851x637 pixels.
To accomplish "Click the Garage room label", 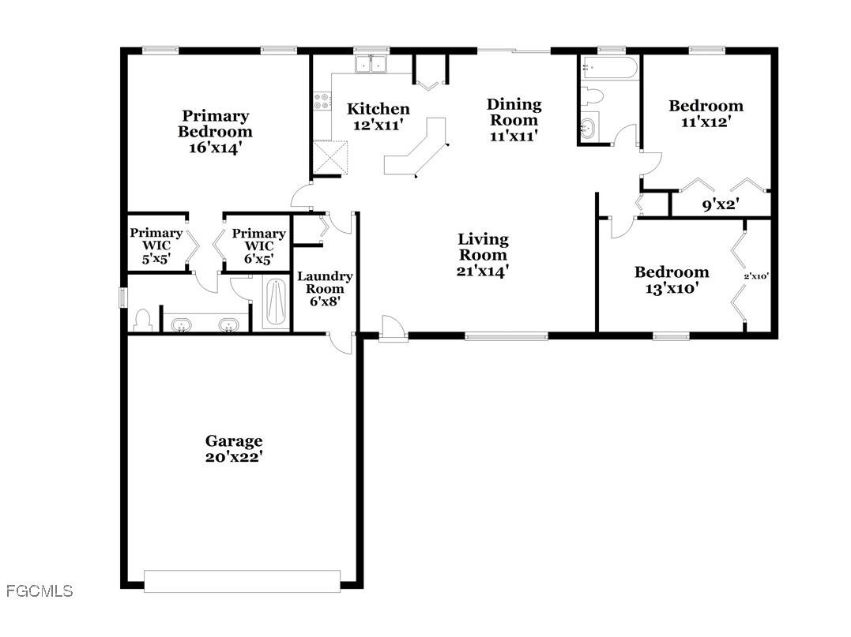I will tap(234, 441).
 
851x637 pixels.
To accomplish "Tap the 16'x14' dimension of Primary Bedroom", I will tap(215, 147).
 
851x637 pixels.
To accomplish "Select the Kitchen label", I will tap(378, 109).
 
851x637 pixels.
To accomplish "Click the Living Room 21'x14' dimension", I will tap(483, 271).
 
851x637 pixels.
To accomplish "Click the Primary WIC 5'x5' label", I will tap(156, 233).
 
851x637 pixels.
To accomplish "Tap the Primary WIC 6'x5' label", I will tap(258, 234).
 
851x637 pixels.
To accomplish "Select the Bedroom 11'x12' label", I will tap(706, 106).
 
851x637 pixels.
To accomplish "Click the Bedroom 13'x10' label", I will tap(672, 272).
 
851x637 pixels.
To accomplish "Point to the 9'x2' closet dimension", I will tap(719, 206).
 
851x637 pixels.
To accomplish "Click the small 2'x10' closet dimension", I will tap(756, 277).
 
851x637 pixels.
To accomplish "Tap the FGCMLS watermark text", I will tap(39, 590).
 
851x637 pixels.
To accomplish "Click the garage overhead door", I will tap(242, 581).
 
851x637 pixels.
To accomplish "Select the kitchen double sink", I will tap(371, 64).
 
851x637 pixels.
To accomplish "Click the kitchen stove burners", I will tap(322, 101).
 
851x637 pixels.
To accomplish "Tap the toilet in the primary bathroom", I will tap(142, 320).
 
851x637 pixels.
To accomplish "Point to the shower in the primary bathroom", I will tap(276, 304).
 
